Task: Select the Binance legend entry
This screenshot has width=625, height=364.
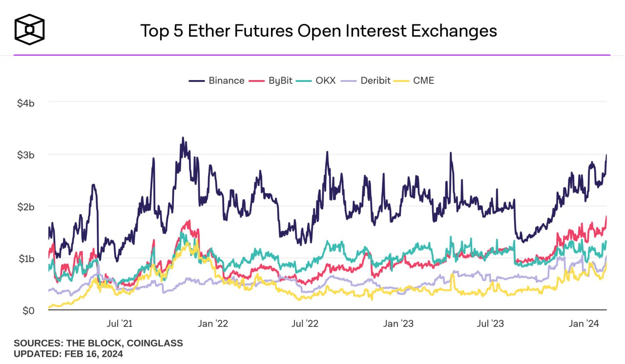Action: [x=217, y=81]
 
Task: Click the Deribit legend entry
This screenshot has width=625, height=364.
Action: [x=368, y=81]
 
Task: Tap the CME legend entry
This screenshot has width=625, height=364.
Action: [x=416, y=81]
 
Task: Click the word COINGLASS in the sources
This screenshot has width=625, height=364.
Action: [x=155, y=343]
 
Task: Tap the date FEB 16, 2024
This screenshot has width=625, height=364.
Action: [x=94, y=354]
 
